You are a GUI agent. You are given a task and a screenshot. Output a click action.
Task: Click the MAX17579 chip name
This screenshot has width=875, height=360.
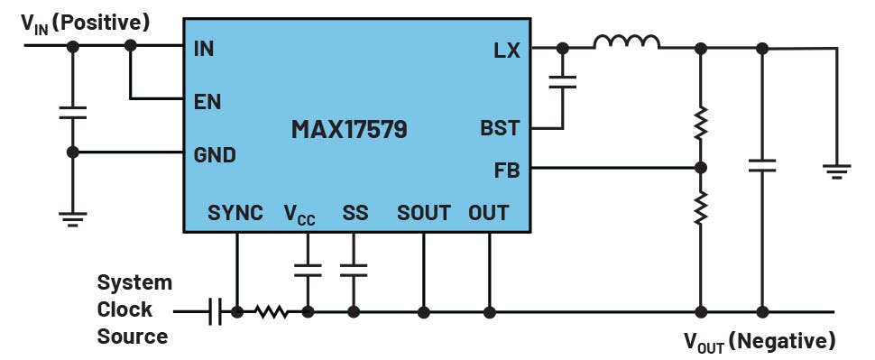(x=348, y=129)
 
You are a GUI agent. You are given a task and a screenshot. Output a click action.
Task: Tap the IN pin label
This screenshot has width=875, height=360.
(x=204, y=49)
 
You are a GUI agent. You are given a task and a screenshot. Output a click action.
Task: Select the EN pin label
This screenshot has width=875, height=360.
(x=207, y=100)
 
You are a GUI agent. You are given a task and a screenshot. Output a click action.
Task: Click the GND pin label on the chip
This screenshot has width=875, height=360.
(x=215, y=155)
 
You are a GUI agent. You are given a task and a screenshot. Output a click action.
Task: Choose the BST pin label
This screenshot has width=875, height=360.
(x=501, y=128)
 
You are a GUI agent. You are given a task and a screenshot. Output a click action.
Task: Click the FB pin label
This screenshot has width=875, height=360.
(x=507, y=169)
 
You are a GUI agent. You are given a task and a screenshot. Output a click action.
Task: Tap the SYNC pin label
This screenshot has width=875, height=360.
(x=235, y=213)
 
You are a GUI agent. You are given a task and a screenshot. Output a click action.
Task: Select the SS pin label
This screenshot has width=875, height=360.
(x=355, y=213)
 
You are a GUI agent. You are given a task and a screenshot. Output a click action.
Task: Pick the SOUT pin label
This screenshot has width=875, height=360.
(x=424, y=213)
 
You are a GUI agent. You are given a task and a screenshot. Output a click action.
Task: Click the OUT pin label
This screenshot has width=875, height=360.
(x=488, y=213)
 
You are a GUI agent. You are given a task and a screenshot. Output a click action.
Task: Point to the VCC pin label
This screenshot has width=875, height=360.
(x=299, y=215)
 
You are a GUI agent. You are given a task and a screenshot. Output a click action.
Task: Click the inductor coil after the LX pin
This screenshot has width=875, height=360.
(x=626, y=42)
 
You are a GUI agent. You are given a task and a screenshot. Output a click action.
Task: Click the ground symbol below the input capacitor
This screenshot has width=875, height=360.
(x=73, y=217)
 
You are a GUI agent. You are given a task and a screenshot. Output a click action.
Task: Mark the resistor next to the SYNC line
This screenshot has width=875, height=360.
(x=271, y=312)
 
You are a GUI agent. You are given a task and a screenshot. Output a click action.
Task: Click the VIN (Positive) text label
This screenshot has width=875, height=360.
(x=86, y=20)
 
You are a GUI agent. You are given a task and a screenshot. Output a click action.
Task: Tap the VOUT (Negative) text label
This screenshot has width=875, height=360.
(x=759, y=341)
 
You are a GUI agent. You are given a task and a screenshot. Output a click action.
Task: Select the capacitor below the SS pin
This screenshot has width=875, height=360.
(x=354, y=269)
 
